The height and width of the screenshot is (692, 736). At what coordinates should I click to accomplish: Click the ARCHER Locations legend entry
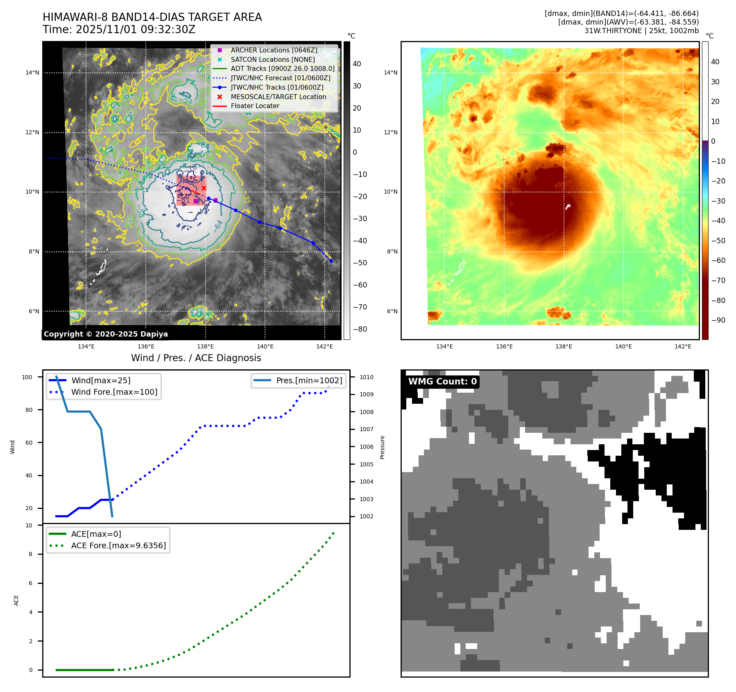point(274,50)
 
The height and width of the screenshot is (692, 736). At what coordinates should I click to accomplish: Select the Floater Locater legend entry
point(255,106)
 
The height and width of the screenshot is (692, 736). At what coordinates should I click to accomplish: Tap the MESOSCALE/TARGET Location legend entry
point(278,97)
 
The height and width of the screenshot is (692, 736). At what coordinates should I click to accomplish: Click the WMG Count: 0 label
point(442,382)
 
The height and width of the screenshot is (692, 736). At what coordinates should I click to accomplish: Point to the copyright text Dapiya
point(106,334)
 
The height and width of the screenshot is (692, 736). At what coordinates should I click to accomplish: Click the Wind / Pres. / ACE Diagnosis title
point(196,358)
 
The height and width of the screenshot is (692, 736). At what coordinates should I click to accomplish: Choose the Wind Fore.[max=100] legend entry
point(114,392)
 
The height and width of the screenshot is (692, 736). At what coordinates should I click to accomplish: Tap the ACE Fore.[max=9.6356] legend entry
point(118,545)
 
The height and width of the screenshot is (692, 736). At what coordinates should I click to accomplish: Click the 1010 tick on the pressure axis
point(367,377)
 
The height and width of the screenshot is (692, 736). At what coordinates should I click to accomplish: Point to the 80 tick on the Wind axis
point(29,410)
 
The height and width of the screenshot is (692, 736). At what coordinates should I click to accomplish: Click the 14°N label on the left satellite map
point(32,73)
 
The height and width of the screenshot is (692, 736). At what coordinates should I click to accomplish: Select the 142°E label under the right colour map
point(683,347)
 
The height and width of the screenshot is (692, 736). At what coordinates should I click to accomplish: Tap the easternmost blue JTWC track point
point(331,261)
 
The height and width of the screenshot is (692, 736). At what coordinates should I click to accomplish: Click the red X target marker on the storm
point(204,188)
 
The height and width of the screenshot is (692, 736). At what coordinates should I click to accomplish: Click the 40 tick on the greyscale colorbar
point(357,64)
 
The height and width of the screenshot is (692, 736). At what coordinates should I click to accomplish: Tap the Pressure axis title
point(382,447)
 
